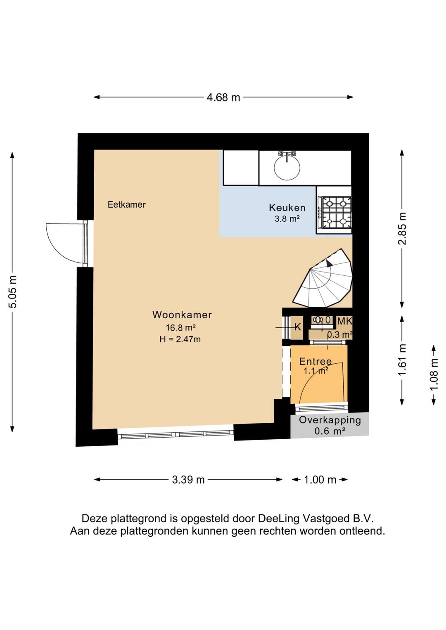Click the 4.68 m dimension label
pyautogui.click(x=223, y=97)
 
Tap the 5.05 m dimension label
pyautogui.click(x=13, y=291)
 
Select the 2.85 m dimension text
pyautogui.click(x=403, y=228)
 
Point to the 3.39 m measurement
pyautogui.click(x=188, y=480)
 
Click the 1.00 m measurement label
pyautogui.click(x=320, y=480)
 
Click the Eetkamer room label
pyautogui.click(x=127, y=204)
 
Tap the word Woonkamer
pyautogui.click(x=182, y=315)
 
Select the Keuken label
pyautogui.click(x=287, y=208)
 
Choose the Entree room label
pyautogui.click(x=316, y=361)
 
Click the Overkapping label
pyautogui.click(x=330, y=420)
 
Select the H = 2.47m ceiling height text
pyautogui.click(x=180, y=339)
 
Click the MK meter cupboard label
pyautogui.click(x=345, y=321)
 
